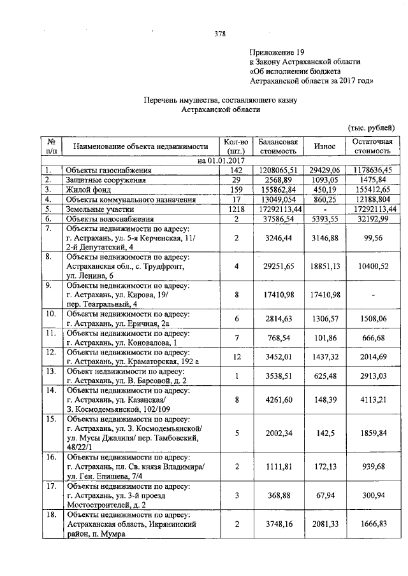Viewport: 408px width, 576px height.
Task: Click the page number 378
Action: pyautogui.click(x=220, y=34)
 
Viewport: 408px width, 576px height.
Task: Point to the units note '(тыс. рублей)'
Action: pyautogui.click(x=373, y=127)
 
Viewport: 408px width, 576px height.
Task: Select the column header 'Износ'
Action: pyautogui.click(x=324, y=146)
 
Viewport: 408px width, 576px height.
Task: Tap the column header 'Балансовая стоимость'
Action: pyautogui.click(x=278, y=146)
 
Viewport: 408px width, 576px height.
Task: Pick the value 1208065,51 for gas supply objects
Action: pyautogui.click(x=279, y=171)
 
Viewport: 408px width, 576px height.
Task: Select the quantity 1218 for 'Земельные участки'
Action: pyautogui.click(x=236, y=209)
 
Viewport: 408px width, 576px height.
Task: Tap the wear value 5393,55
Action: pyautogui.click(x=324, y=218)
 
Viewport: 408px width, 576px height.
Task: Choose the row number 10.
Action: pyautogui.click(x=50, y=314)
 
